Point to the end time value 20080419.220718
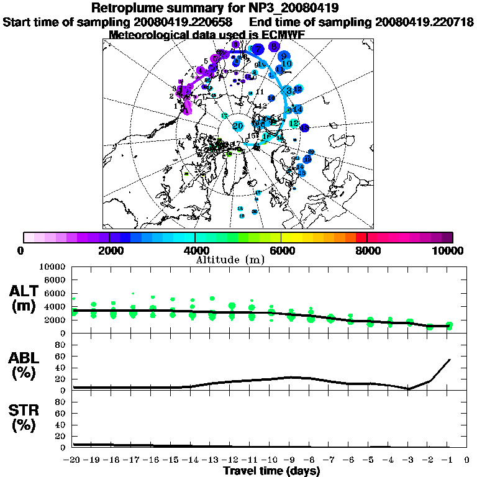click(x=424, y=22)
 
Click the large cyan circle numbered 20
click(x=237, y=126)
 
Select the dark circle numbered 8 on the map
click(x=274, y=46)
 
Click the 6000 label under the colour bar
click(x=281, y=251)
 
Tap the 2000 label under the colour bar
click(x=110, y=251)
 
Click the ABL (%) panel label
click(x=25, y=367)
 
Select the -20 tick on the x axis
click(x=73, y=460)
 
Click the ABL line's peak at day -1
click(x=449, y=359)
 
